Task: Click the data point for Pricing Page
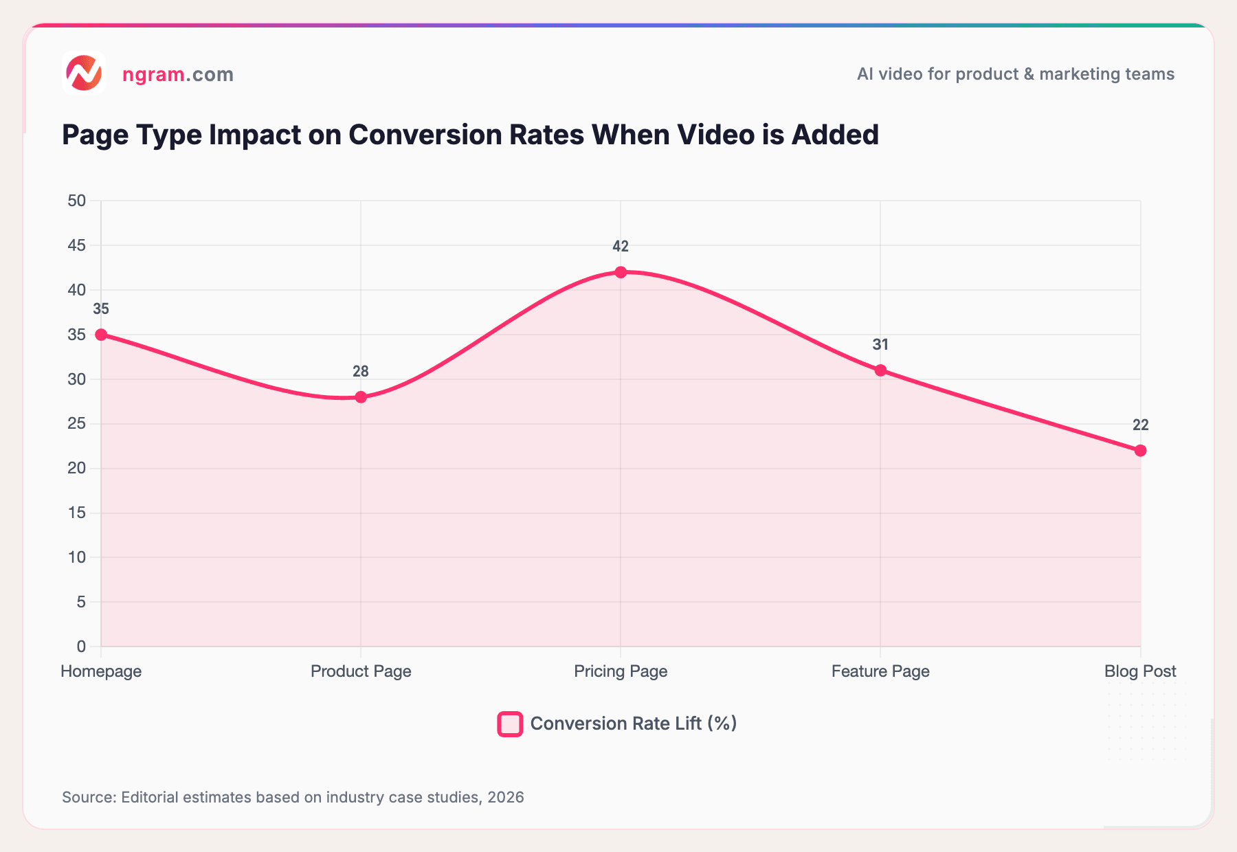coord(621,272)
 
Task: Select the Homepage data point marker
coord(101,335)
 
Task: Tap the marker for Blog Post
coord(1140,451)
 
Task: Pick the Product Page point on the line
coord(361,397)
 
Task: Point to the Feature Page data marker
coord(880,370)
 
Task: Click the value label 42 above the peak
coord(621,247)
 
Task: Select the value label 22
coord(1140,425)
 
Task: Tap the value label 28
coord(361,372)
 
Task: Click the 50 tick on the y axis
coord(76,201)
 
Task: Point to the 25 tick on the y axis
coord(76,424)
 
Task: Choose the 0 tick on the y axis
coord(81,647)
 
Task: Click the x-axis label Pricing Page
coord(621,671)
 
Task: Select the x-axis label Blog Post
coord(1140,671)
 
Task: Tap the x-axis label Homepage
coord(101,671)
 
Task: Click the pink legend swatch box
coord(510,724)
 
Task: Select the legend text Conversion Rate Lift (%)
coord(633,724)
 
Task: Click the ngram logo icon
coord(83,73)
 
